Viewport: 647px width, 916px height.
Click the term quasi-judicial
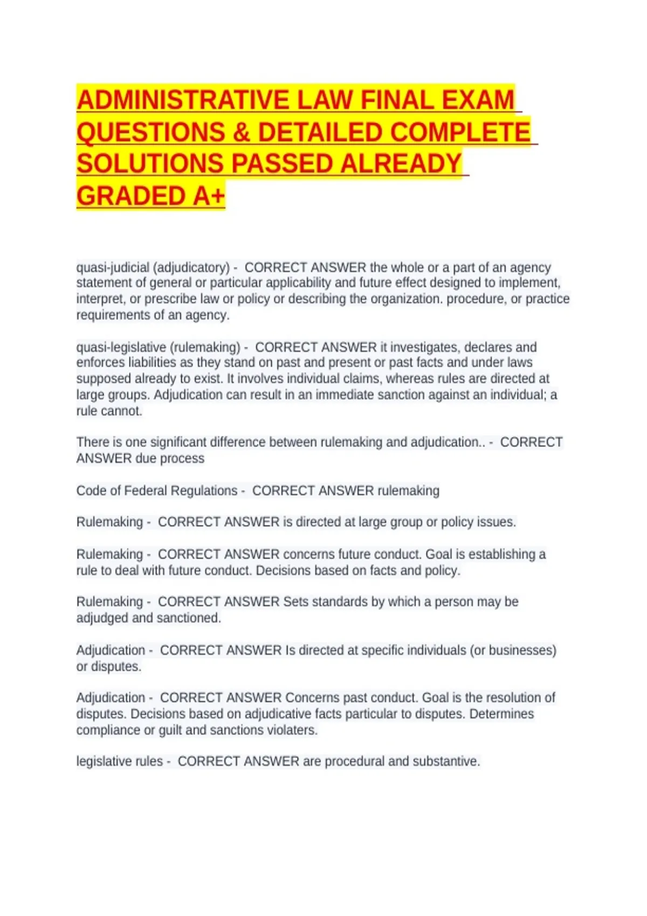point(112,268)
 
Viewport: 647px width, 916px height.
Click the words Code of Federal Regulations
point(156,491)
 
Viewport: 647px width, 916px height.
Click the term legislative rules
point(119,761)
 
